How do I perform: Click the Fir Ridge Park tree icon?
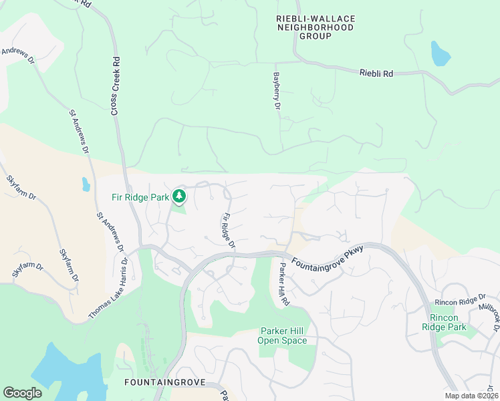tap(178, 196)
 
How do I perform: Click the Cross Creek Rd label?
tap(116, 85)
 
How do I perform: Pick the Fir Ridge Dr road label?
tap(229, 231)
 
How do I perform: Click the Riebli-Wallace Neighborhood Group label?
tap(316, 27)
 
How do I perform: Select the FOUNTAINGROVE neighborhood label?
tap(158, 382)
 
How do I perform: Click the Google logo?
tap(22, 393)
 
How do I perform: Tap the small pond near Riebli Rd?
tap(440, 54)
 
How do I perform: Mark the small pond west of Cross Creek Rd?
tap(86, 184)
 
